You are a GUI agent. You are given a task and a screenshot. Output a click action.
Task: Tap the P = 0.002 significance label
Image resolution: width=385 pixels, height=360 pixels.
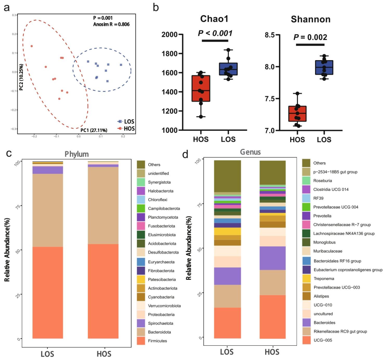(x=310, y=37)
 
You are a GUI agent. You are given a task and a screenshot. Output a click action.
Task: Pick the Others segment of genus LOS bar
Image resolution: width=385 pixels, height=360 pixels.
(x=227, y=176)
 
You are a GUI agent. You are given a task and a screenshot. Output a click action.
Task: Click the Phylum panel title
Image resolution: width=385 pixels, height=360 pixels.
(x=77, y=154)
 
